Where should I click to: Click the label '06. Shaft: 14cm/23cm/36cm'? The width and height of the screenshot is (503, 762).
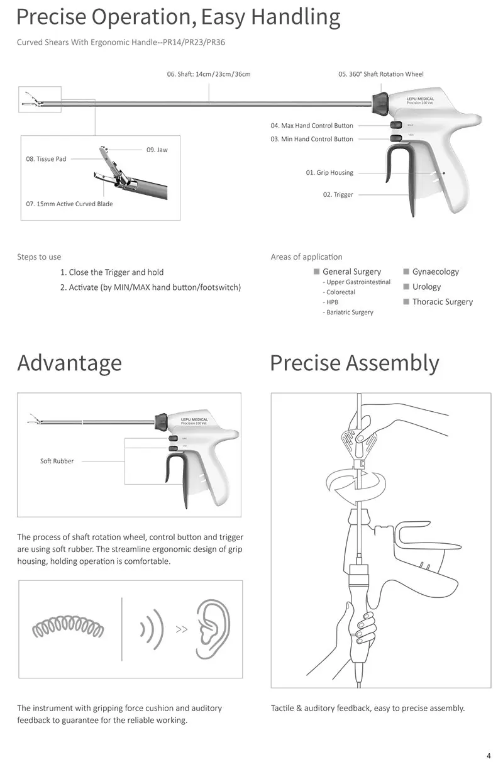click(209, 74)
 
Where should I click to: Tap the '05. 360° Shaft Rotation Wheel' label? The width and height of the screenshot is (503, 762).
click(381, 74)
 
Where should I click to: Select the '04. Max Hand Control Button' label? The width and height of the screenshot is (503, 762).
click(312, 126)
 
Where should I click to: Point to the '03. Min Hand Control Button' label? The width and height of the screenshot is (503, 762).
click(312, 139)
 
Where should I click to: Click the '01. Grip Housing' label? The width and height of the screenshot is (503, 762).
click(329, 173)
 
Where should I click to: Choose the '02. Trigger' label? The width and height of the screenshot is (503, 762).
click(338, 195)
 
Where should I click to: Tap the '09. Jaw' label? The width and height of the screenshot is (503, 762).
click(157, 150)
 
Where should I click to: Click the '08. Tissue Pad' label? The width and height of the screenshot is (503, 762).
click(46, 159)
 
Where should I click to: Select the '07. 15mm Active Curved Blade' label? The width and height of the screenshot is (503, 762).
click(70, 204)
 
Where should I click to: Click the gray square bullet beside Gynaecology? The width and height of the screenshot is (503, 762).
click(406, 272)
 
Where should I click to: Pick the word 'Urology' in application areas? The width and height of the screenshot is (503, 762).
click(426, 287)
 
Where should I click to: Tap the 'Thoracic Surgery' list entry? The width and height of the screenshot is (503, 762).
click(442, 302)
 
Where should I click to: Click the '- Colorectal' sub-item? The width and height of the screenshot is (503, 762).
click(340, 292)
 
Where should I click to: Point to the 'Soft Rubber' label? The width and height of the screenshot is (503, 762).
click(57, 461)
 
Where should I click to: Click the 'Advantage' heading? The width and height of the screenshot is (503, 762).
click(69, 363)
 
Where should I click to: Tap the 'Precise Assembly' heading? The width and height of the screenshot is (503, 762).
click(355, 363)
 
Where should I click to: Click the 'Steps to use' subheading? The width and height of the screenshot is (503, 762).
click(39, 257)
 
